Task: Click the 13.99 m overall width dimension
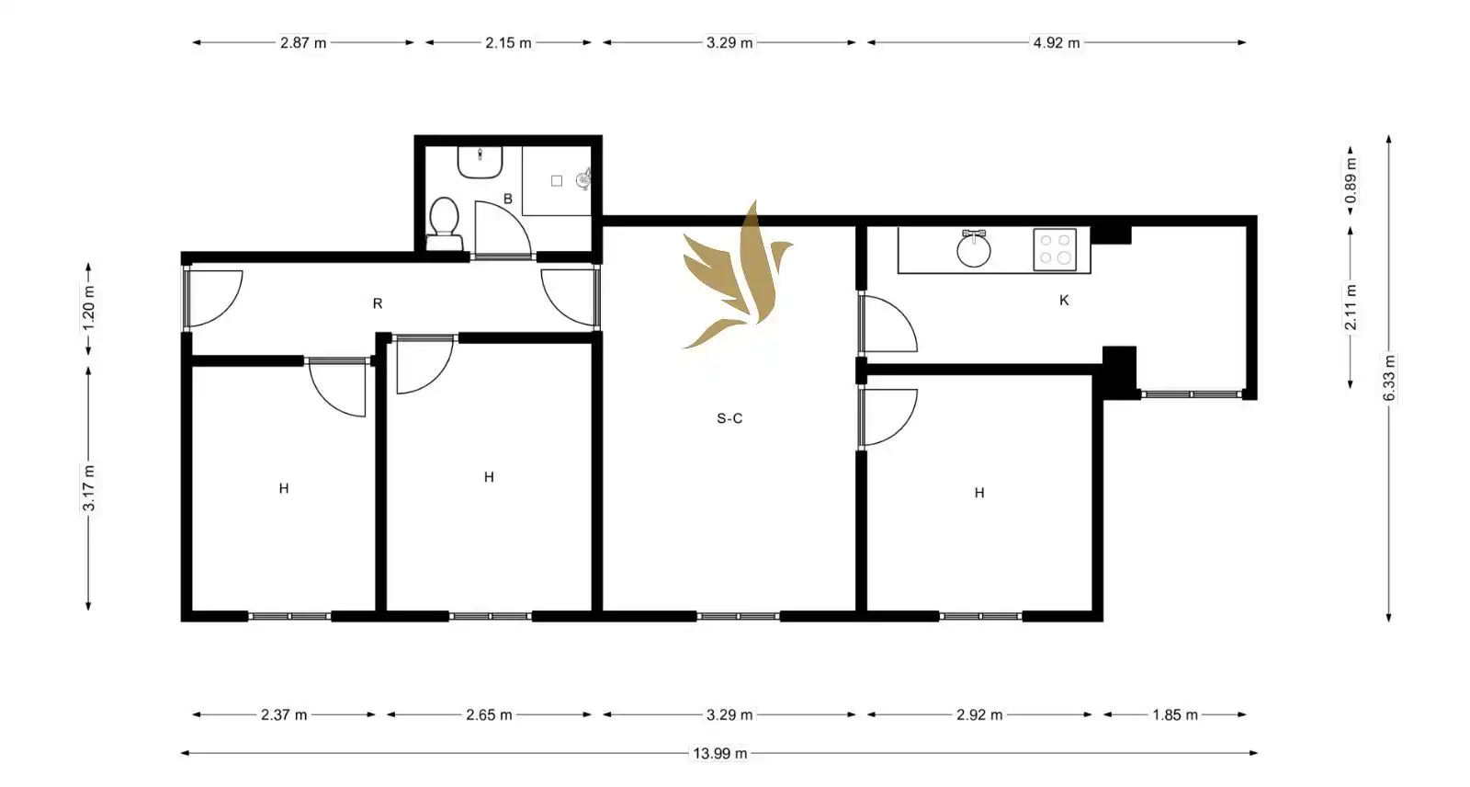[720, 753]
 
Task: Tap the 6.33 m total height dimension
[1389, 378]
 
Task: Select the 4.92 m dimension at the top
[1057, 42]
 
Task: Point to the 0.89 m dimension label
[1351, 181]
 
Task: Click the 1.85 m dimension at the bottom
[1175, 714]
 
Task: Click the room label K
[1064, 301]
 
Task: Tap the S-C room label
[729, 418]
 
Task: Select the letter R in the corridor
[378, 303]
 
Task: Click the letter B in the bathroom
[507, 199]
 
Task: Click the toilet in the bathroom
[445, 223]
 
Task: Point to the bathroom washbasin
[480, 162]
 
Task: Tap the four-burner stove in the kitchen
[1055, 249]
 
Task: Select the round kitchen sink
[973, 249]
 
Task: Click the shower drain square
[557, 180]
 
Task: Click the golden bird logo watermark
[738, 275]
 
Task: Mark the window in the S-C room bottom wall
[738, 616]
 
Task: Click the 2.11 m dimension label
[1351, 307]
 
